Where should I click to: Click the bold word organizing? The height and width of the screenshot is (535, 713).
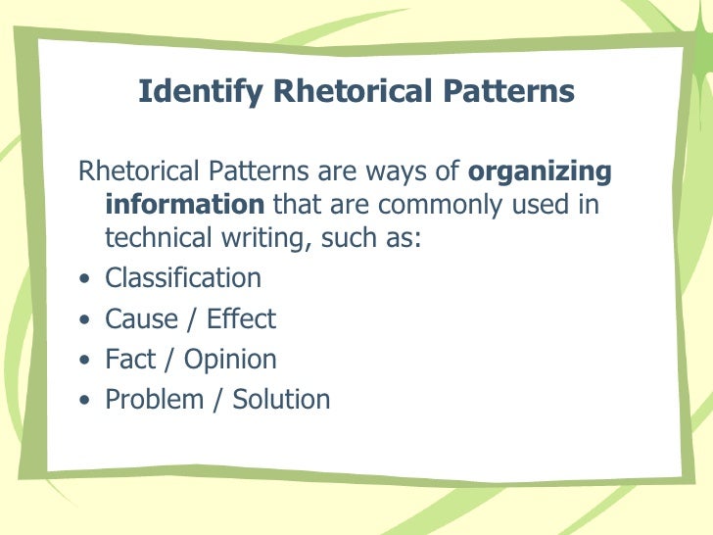coord(541,172)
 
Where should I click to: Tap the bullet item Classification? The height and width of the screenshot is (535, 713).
coord(183,278)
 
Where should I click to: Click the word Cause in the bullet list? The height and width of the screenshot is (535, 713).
coord(141,318)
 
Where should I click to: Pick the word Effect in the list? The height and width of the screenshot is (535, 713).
coord(240,318)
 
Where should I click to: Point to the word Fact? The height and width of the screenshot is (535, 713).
coord(132,359)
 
